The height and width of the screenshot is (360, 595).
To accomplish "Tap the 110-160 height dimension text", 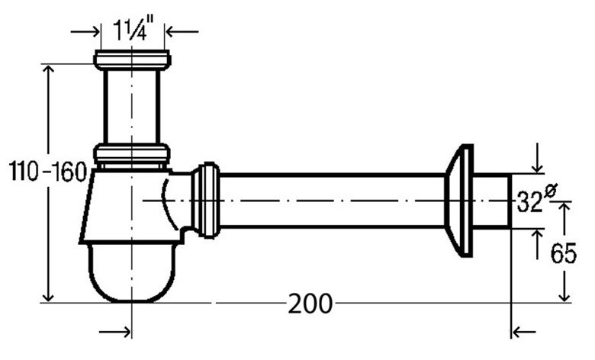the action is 48,171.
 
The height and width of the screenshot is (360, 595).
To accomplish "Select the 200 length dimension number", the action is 310,304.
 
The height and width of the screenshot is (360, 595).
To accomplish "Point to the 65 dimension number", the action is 564,253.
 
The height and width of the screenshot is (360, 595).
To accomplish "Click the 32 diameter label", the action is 529,202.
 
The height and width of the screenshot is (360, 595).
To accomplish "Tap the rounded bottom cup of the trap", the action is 132,272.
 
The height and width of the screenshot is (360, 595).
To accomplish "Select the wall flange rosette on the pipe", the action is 458,201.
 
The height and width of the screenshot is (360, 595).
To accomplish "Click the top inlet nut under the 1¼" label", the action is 132,60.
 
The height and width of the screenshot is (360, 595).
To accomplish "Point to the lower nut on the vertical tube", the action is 132,153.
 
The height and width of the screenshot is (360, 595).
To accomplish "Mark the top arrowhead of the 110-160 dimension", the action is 48,69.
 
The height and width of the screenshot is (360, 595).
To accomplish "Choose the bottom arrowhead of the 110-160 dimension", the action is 48,297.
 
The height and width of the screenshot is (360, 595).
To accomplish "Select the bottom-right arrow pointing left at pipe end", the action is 523,332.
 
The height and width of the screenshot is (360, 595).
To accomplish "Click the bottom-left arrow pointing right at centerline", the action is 115,333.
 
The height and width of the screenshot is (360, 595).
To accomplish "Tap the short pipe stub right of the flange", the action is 492,201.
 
